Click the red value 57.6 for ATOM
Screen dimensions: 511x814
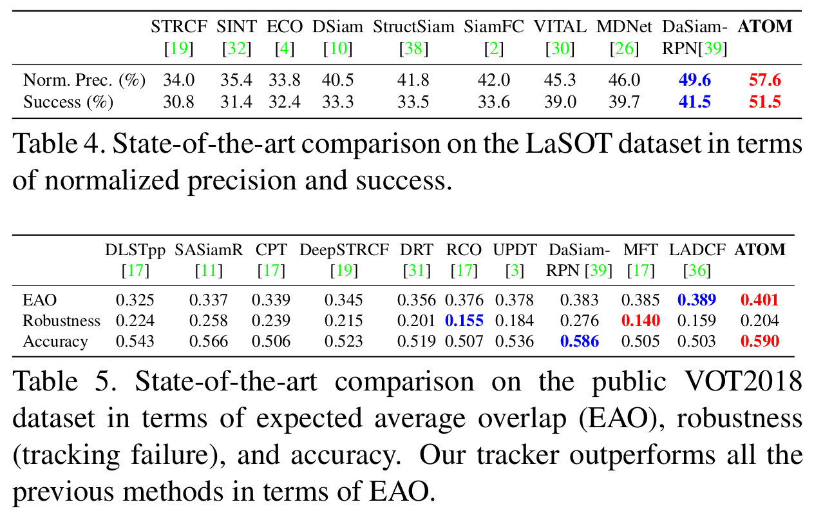pos(765,81)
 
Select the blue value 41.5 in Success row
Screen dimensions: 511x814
pos(694,102)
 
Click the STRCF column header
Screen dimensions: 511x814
pos(178,27)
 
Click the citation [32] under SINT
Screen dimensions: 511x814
pos(236,48)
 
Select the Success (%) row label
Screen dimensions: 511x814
pos(68,102)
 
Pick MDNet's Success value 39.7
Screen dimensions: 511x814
pos(623,102)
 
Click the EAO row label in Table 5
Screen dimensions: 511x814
pos(39,300)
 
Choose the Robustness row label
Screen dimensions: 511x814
pos(62,320)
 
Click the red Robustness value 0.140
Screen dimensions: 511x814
pos(640,320)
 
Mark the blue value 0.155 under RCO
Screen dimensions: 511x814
pos(464,320)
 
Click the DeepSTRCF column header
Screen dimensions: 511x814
pos(344,249)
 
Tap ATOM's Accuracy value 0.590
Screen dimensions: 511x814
pos(760,341)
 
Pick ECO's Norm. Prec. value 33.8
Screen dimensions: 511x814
pos(285,81)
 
